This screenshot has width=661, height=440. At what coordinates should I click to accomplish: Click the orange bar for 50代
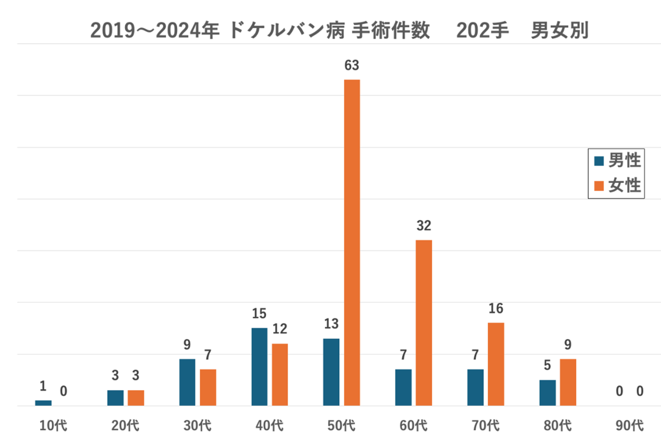352,243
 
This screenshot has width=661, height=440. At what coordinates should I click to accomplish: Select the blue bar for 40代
259,367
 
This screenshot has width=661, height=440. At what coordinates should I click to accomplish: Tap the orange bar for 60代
424,323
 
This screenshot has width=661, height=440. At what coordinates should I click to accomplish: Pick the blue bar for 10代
43,403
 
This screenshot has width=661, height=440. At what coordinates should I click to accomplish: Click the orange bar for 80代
568,382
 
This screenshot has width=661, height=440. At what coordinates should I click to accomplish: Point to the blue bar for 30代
187,382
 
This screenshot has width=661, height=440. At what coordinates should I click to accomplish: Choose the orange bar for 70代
496,364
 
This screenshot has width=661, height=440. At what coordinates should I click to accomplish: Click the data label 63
352,66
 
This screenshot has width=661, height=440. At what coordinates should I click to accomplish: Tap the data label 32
424,226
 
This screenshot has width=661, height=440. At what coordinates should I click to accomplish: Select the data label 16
496,309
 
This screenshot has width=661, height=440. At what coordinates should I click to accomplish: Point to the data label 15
259,314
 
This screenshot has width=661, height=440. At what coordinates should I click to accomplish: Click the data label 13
331,324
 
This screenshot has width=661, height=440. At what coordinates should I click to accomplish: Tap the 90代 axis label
629,426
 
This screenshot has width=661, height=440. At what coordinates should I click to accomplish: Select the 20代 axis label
125,426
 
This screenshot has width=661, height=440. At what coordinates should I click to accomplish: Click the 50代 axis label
342,426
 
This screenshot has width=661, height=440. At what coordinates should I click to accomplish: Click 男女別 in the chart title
560,32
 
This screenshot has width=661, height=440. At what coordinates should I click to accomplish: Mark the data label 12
279,329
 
